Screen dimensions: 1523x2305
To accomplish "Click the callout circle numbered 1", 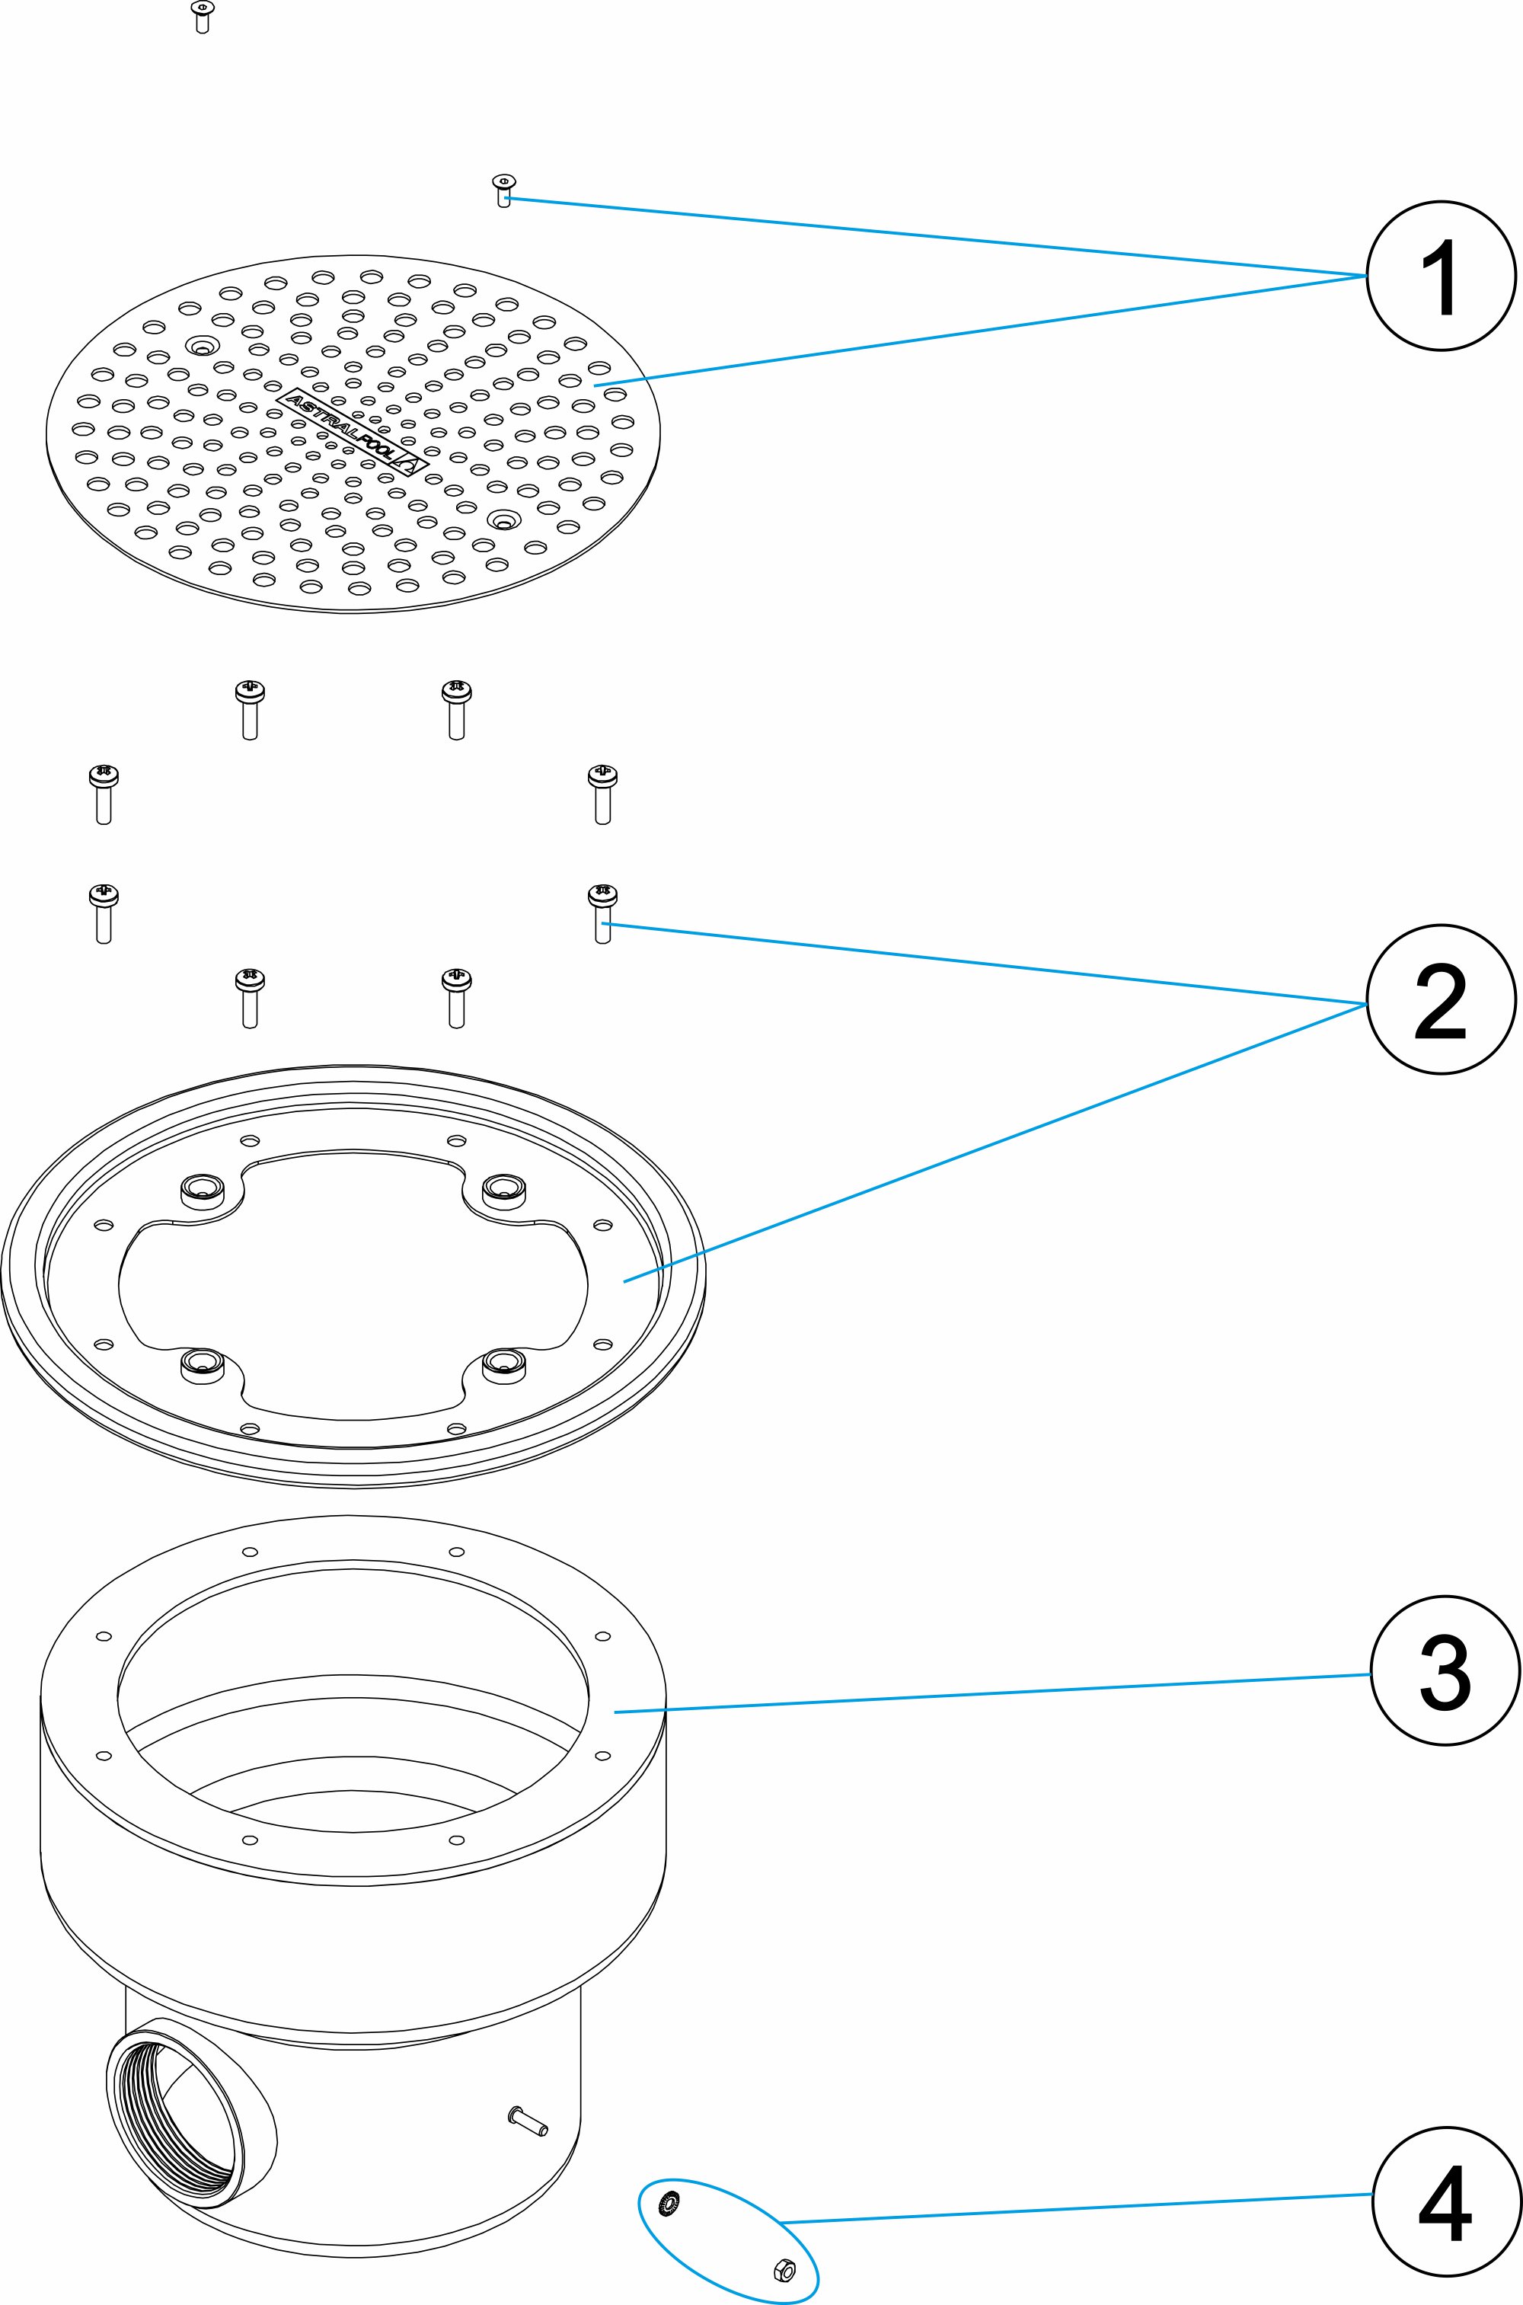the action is coord(1442,276).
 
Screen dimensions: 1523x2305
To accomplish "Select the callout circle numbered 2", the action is coord(1442,999).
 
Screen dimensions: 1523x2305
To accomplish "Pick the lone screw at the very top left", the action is coord(202,18).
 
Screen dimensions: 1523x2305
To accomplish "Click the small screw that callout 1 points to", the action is coord(503,190).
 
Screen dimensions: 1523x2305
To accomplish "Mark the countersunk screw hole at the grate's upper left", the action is coord(203,345).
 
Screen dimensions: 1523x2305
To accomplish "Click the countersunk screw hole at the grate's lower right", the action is coord(504,520).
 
